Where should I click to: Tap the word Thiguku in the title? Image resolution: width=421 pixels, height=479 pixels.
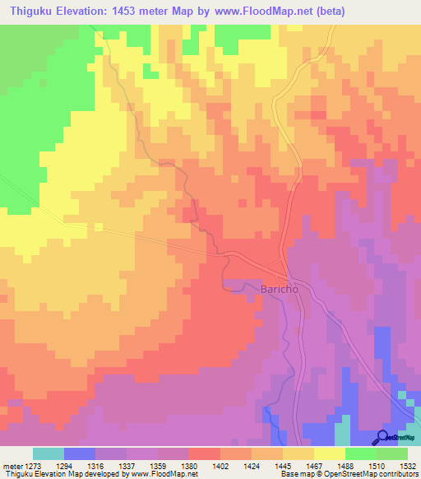[33, 11]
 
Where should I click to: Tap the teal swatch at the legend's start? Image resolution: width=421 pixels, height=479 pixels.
[49, 453]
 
